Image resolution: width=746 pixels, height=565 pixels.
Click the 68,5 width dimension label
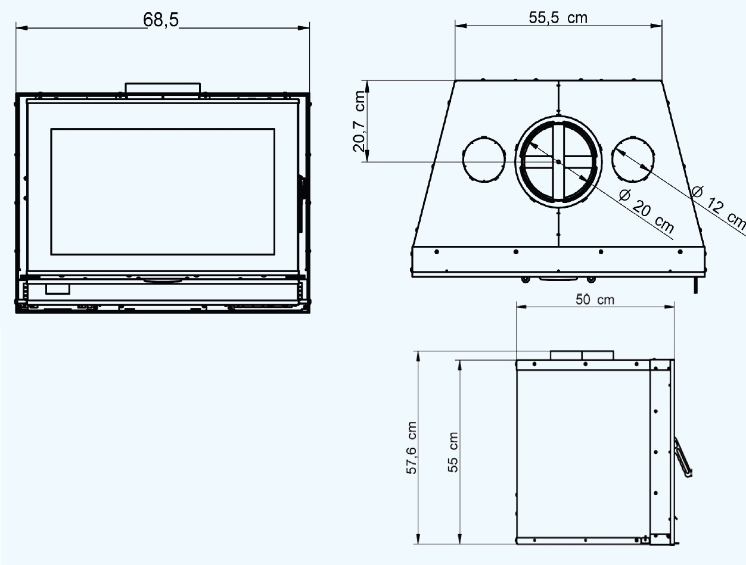[160, 20]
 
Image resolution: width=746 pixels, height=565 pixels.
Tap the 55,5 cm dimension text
[558, 18]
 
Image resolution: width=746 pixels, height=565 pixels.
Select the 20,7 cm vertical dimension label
[359, 121]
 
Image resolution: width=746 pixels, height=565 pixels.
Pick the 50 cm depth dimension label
[595, 299]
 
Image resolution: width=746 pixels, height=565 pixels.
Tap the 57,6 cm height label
[411, 448]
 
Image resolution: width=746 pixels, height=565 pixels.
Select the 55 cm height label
[453, 452]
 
